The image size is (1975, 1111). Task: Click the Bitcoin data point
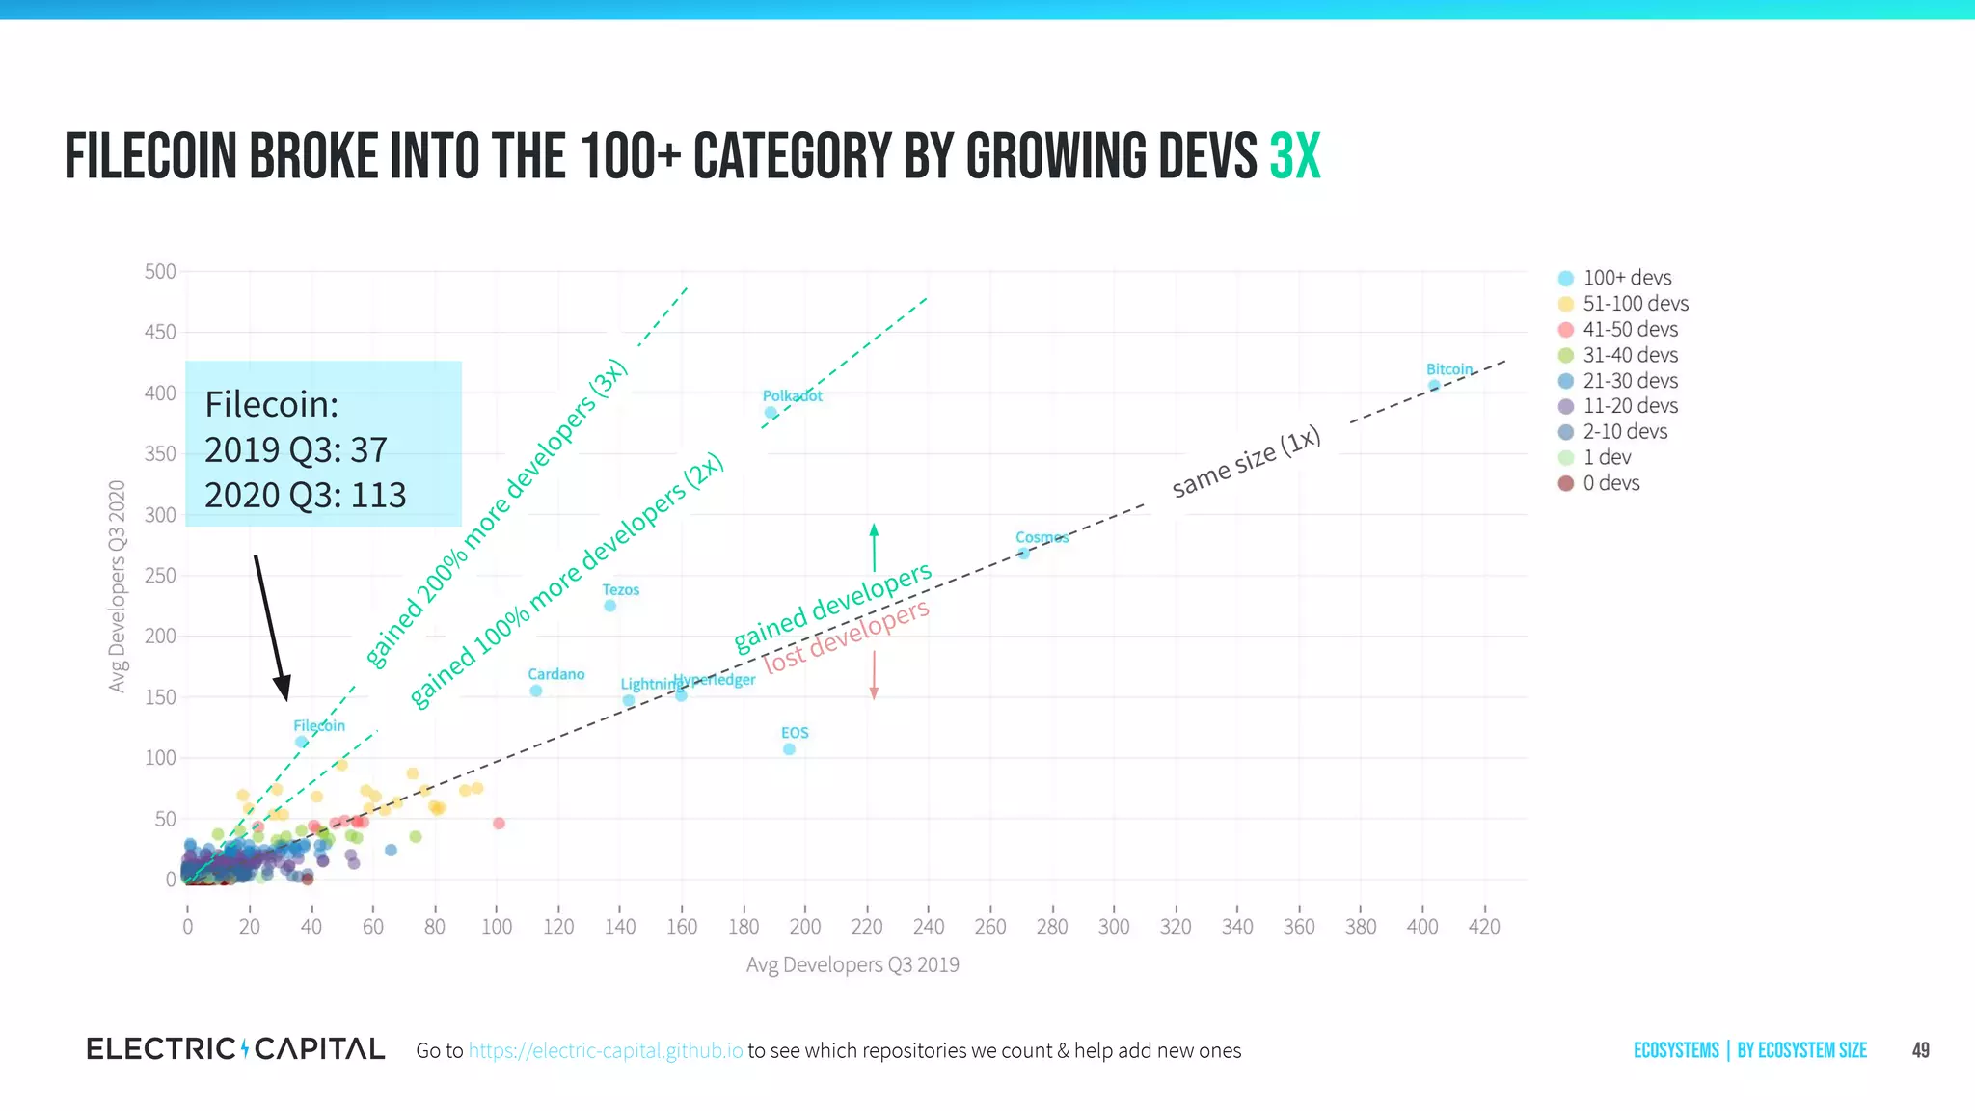tap(1434, 386)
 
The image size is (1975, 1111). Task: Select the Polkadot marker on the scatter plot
tap(771, 413)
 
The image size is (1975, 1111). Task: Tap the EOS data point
tap(789, 749)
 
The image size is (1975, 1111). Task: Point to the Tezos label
tap(620, 589)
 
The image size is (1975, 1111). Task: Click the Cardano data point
tap(536, 691)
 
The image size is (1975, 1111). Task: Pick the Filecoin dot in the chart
tap(301, 742)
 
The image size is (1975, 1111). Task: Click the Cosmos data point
tap(1024, 554)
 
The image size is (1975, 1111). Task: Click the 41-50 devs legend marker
tap(1566, 330)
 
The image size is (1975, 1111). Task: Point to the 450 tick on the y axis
tap(160, 333)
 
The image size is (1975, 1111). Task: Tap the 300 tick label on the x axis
tap(1113, 927)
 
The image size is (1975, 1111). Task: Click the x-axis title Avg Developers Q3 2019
tap(852, 964)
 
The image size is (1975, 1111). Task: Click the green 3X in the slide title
tap(1294, 157)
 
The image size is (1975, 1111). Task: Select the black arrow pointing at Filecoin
tap(271, 627)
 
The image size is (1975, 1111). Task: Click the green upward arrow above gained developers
tap(874, 547)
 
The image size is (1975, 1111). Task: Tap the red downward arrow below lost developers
tap(874, 675)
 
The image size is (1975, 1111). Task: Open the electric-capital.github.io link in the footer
tap(606, 1050)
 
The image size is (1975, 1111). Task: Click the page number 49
tap(1920, 1050)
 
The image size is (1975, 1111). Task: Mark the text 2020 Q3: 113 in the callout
tap(305, 495)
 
